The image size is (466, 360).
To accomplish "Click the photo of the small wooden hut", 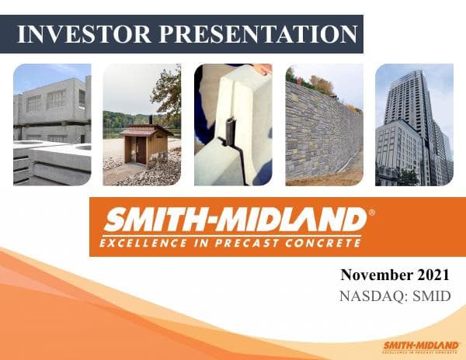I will (x=141, y=124).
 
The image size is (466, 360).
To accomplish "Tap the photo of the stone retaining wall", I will (x=323, y=132).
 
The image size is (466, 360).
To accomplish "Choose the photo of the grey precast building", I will (x=51, y=124).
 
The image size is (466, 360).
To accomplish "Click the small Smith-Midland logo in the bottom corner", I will (x=419, y=346).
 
